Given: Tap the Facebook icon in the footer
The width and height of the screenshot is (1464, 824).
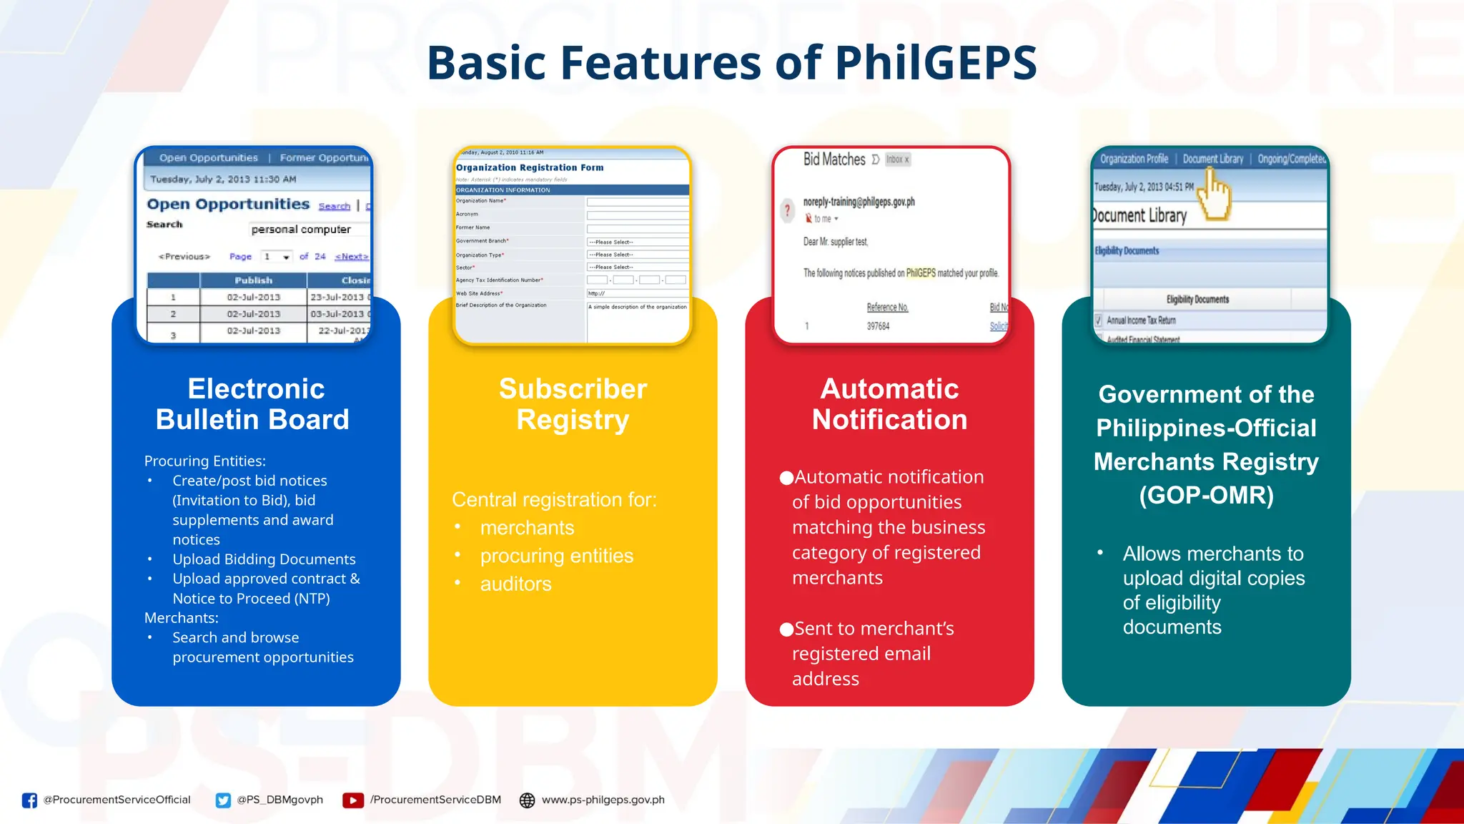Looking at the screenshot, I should (x=29, y=800).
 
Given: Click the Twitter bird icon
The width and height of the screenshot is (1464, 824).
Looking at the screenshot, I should (x=223, y=800).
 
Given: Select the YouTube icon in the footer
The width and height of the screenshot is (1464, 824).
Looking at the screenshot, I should (x=352, y=800).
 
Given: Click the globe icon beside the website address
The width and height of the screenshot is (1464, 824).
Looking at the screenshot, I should (x=527, y=800).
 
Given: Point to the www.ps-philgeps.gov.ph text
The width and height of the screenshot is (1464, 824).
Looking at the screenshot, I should (x=603, y=800).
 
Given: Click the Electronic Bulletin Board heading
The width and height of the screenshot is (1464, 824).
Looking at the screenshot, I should (x=254, y=404).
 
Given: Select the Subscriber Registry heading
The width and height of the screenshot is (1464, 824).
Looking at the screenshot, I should (x=573, y=404).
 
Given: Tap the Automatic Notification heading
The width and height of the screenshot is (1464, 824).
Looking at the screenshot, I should (x=889, y=404).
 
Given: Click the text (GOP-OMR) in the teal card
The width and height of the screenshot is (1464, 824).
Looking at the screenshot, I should (x=1206, y=495).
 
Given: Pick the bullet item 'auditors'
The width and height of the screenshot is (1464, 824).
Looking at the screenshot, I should (x=515, y=584).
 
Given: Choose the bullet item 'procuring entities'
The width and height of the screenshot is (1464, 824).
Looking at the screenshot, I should (x=556, y=556).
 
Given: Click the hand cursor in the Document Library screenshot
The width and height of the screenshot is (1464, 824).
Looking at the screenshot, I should (x=1215, y=193).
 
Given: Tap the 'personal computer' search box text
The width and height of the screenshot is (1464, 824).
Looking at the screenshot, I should (x=301, y=230).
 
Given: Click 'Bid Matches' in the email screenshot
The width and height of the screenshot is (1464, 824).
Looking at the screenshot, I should (x=834, y=160).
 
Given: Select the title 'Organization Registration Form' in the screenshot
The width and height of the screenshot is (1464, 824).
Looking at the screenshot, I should (x=530, y=167).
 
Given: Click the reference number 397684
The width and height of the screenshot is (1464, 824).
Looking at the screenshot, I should (x=878, y=326).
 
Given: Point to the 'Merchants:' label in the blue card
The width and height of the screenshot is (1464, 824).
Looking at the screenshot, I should (x=181, y=618).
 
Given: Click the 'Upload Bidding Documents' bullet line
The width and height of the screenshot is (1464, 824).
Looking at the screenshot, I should (x=264, y=559).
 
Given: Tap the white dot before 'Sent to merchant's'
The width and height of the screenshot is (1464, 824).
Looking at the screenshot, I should (x=786, y=629).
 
